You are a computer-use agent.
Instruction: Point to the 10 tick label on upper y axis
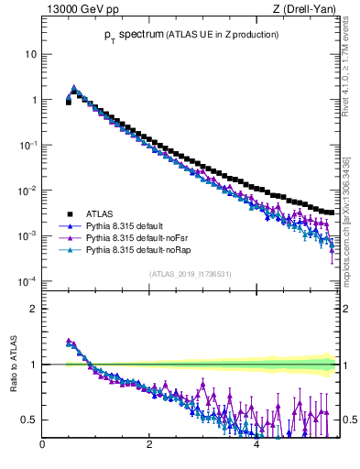click(30, 54)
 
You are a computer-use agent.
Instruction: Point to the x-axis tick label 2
click(148, 446)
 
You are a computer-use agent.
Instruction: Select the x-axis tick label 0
click(42, 446)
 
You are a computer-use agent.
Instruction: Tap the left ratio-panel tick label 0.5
click(28, 420)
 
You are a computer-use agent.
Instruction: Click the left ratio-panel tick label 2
click(33, 309)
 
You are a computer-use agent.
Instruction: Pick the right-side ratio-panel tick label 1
click(347, 365)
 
